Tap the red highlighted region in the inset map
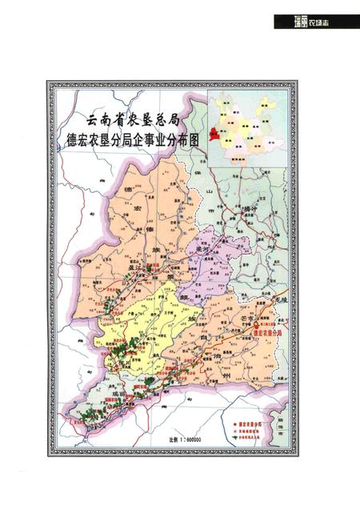point(214,134)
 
